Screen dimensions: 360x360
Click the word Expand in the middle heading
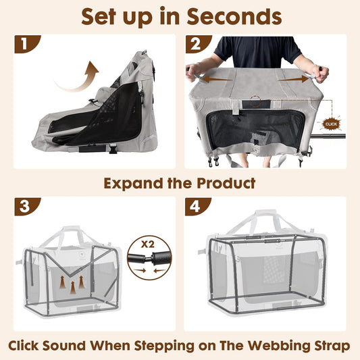click(x=133, y=182)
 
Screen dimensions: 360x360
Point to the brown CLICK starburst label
click(x=332, y=124)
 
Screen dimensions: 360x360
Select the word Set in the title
click(x=102, y=16)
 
